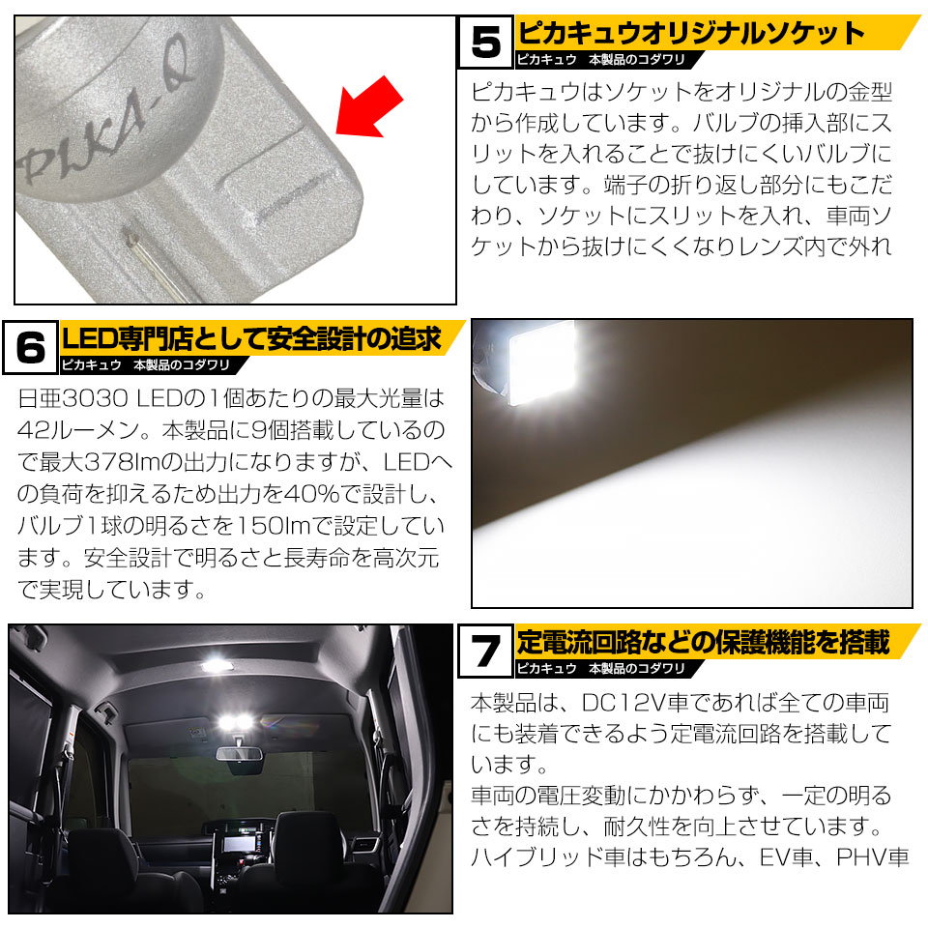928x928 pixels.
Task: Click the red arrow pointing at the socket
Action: [368, 108]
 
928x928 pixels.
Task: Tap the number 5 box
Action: [486, 42]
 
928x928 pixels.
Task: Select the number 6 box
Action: [31, 347]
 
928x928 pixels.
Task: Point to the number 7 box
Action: [486, 651]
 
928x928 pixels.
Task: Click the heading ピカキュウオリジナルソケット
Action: [691, 33]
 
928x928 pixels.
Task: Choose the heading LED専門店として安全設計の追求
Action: [251, 338]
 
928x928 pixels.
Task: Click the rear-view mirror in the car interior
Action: [239, 753]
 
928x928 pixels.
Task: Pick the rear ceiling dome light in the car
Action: [217, 665]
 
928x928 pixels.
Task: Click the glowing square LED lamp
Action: [542, 362]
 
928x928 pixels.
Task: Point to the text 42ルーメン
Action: [78, 430]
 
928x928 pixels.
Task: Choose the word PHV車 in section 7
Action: [872, 856]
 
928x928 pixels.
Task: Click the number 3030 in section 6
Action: [95, 398]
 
